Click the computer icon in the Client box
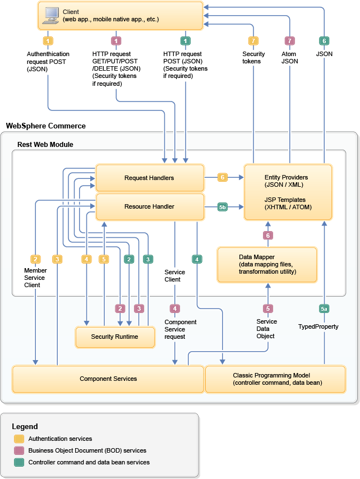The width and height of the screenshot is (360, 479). [51, 15]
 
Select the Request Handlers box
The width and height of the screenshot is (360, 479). [149, 178]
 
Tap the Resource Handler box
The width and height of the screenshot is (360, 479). [149, 206]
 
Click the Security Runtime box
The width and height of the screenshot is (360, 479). [114, 337]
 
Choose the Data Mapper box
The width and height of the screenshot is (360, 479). [267, 264]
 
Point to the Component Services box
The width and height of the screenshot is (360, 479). [108, 379]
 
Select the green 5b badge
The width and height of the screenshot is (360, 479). [223, 207]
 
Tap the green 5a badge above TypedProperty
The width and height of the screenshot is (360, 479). [324, 308]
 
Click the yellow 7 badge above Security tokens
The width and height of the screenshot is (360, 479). [253, 41]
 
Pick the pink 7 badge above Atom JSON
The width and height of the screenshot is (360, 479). [289, 41]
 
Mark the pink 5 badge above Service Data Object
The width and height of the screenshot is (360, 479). [268, 308]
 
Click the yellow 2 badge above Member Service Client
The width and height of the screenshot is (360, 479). [35, 259]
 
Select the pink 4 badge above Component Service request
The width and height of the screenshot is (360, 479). [176, 308]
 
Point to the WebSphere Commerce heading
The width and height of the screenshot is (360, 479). [45, 126]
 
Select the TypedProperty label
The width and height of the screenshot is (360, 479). [318, 326]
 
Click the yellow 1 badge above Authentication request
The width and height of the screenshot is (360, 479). [48, 41]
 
